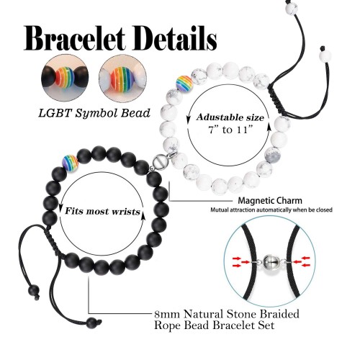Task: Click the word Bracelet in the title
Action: pos(74,38)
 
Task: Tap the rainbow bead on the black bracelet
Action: pos(71,163)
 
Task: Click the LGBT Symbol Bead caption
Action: pos(94,113)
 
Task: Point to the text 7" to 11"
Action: pos(230,130)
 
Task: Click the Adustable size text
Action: pos(230,117)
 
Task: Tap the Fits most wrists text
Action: pos(102,212)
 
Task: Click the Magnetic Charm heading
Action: pos(270,200)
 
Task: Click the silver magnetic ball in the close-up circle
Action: pos(269,262)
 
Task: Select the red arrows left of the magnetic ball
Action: pos(240,262)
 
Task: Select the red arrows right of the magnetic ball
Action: pos(302,261)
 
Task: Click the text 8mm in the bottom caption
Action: pos(166,314)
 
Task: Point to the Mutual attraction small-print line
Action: pos(271,210)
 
